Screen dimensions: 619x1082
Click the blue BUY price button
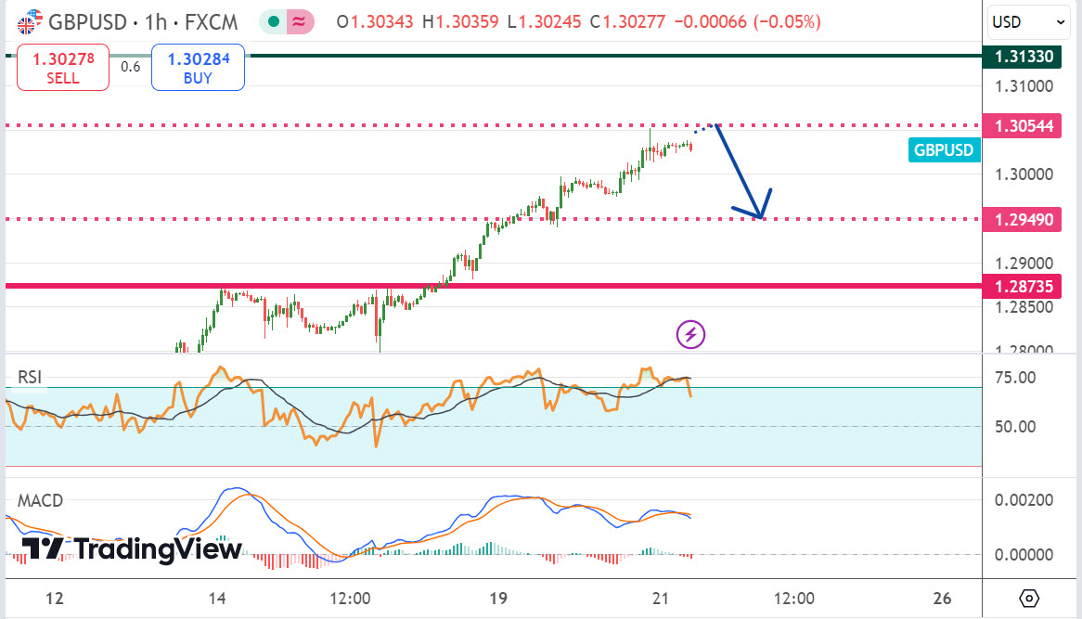click(x=198, y=69)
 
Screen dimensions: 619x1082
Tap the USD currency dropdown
click(x=1029, y=21)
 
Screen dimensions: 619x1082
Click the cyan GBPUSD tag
click(x=944, y=150)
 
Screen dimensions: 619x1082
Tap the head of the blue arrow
click(x=759, y=215)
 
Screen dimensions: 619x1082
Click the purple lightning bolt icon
click(x=690, y=334)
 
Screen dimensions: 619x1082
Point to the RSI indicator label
click(x=30, y=377)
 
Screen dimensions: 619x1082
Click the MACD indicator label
click(x=41, y=501)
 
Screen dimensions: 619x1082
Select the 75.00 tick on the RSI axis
click(x=1016, y=378)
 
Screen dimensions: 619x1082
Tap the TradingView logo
click(x=131, y=549)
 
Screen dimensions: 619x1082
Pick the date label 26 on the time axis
click(x=943, y=598)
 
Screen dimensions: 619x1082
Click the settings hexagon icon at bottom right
click(x=1028, y=598)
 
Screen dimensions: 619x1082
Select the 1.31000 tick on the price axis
click(x=1024, y=86)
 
